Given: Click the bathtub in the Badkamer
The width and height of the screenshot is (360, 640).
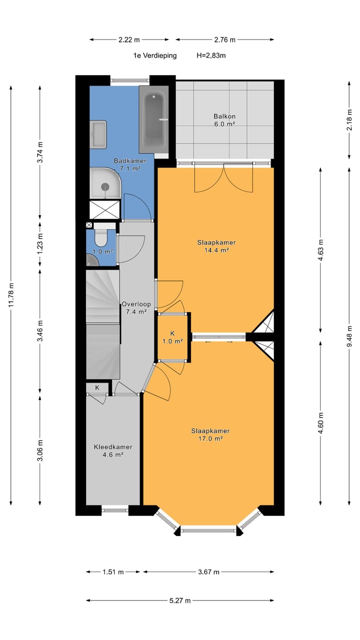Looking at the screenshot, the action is tap(153, 119).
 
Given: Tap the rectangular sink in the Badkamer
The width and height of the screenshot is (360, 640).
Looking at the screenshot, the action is tap(98, 134).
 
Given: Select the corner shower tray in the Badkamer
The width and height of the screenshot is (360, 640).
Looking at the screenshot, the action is tap(105, 183).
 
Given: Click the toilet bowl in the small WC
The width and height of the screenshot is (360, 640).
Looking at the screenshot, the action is tap(100, 237).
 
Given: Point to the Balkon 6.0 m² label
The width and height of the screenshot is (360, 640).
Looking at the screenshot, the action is tap(224, 120).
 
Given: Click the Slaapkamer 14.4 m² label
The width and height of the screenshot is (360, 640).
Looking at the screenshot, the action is tap(216, 246).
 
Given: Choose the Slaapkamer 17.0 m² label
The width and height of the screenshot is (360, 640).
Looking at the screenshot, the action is tap(210, 434).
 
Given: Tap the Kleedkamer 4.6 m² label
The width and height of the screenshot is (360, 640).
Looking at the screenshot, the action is tap(113, 450).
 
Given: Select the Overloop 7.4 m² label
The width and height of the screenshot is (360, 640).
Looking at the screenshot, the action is tap(136, 307).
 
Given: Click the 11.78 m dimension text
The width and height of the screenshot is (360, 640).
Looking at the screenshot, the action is tap(11, 295).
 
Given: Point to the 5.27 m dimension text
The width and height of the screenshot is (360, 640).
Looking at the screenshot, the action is tap(180, 600).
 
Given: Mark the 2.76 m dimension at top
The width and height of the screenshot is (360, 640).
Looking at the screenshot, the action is tap(225, 39).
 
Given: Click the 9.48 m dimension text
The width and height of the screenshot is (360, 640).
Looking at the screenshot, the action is tap(349, 336).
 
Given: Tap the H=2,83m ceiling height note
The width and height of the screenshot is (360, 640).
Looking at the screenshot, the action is tap(211, 55).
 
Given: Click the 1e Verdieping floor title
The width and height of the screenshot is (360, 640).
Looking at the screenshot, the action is tap(155, 55).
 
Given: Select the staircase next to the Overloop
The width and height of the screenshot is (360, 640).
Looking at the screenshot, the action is tap(103, 324).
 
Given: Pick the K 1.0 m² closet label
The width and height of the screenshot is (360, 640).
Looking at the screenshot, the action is tap(172, 337).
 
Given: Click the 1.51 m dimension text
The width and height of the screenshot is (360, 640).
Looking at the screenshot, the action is tap(113, 571).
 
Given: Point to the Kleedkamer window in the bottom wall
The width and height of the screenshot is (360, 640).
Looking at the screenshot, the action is tap(115, 510).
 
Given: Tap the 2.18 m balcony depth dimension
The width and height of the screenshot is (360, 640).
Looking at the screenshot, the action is tap(349, 119).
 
